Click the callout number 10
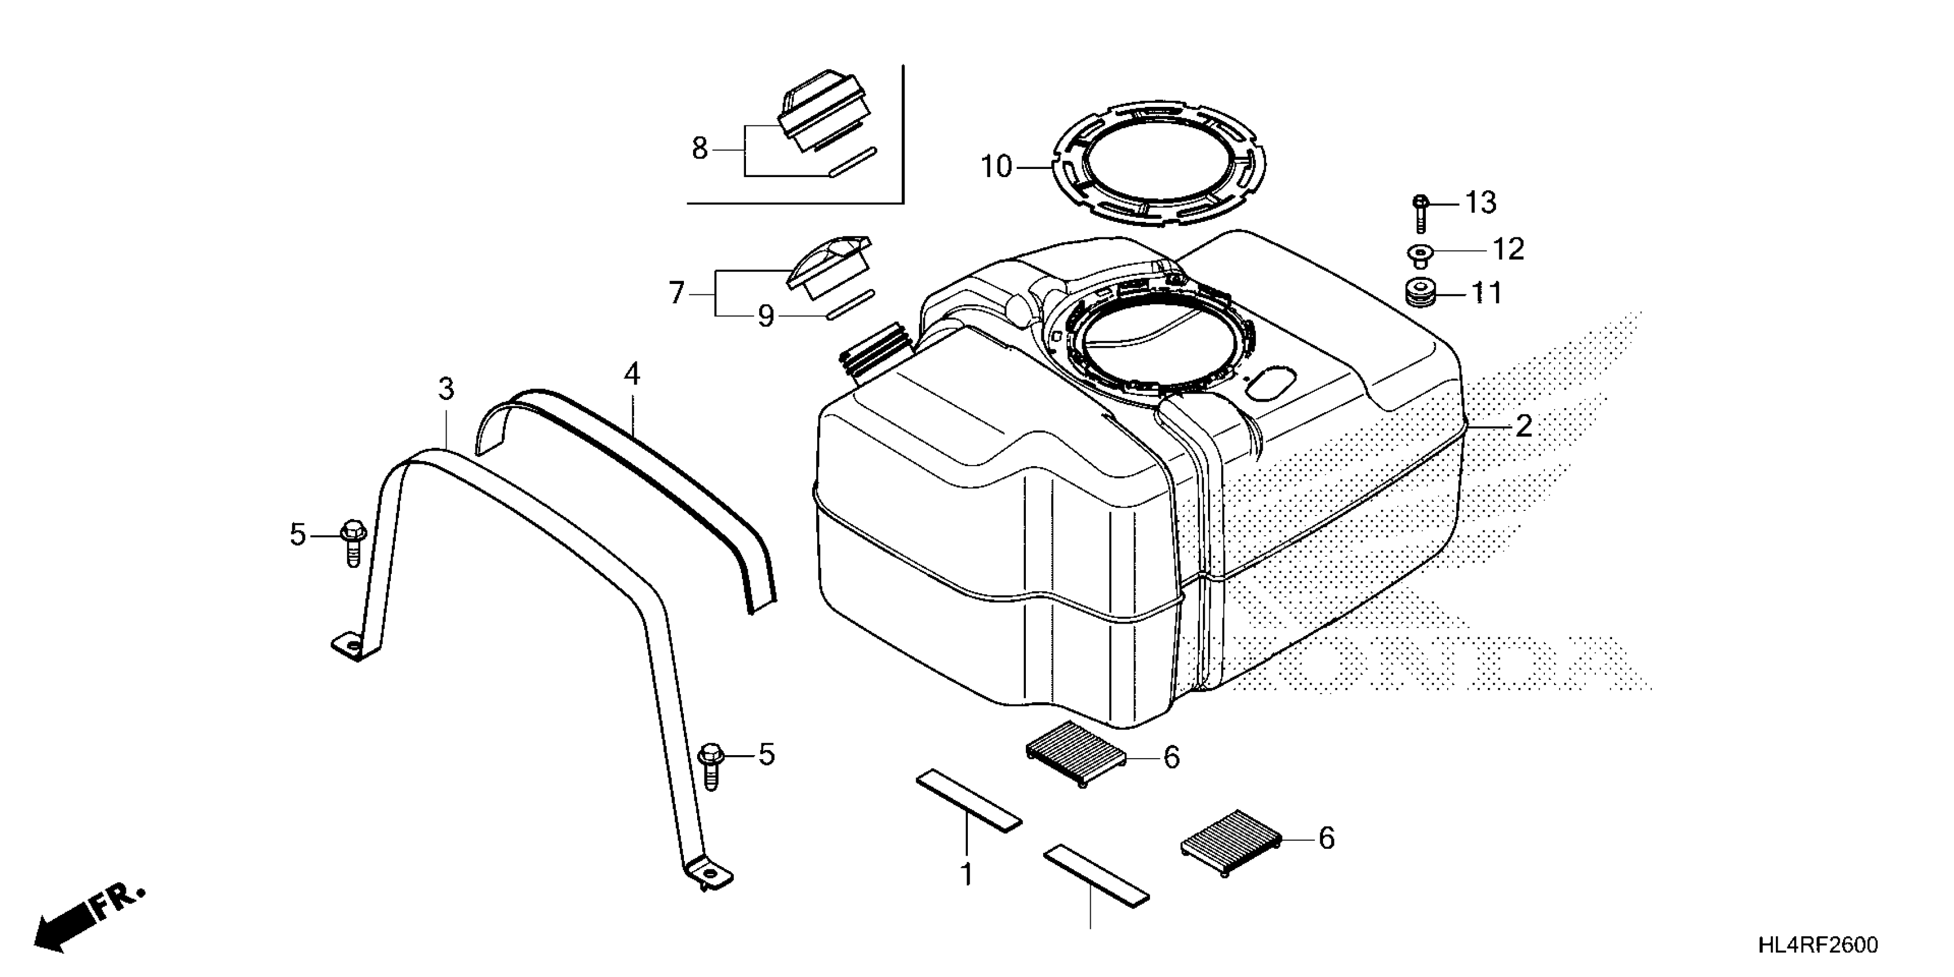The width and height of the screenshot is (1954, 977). click(x=996, y=167)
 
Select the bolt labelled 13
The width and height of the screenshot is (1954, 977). click(x=1421, y=213)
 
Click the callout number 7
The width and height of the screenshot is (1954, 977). click(x=676, y=293)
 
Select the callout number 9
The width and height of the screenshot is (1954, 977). click(x=766, y=316)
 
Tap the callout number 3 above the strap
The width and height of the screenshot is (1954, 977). click(x=446, y=389)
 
